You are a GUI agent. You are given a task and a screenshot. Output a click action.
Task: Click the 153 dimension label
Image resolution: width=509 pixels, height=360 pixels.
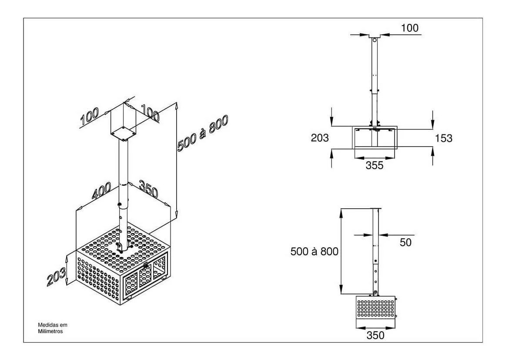click(x=443, y=139)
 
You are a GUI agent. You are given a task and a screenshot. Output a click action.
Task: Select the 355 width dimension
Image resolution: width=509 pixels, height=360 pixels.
click(x=374, y=165)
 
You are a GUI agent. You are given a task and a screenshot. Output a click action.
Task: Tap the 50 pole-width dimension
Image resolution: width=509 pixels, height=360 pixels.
click(x=405, y=242)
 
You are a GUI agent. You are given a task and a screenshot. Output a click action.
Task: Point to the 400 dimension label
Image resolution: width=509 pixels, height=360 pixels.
click(x=101, y=191)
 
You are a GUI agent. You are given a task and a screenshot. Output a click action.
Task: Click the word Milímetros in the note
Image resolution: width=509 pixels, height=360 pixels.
click(x=50, y=331)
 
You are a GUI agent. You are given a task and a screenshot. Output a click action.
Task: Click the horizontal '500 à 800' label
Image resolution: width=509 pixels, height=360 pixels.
click(x=314, y=251)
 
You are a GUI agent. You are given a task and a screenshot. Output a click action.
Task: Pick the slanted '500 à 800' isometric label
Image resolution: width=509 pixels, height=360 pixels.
click(x=203, y=133)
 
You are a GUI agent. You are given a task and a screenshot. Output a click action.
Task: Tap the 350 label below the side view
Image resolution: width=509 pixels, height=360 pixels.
click(x=375, y=335)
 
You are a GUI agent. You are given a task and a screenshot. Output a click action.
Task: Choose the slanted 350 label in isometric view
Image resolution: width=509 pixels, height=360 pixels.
click(x=149, y=189)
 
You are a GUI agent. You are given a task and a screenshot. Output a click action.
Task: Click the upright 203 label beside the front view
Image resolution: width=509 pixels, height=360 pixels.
click(x=320, y=138)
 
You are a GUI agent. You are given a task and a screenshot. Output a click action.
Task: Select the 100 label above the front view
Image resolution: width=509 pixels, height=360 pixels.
click(x=410, y=28)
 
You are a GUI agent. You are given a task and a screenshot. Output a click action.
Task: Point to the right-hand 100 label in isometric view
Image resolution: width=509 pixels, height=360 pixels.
click(x=150, y=113)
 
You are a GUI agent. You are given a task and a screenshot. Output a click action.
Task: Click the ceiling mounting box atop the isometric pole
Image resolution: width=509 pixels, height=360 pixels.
click(x=124, y=122)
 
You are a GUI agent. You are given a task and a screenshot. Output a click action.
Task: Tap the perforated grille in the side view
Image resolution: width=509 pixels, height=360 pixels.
click(x=375, y=308)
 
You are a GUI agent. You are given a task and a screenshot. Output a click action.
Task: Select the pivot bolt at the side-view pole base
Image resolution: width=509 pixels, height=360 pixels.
click(x=375, y=293)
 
